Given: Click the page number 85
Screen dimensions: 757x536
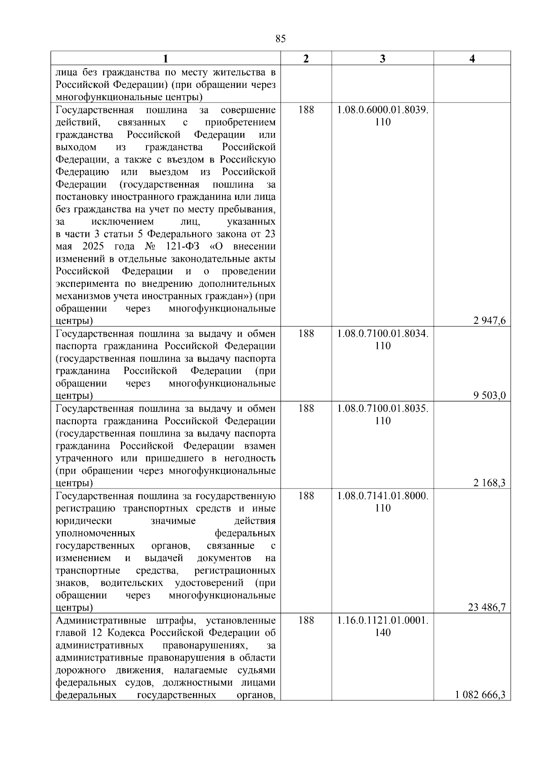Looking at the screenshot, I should coord(281,39).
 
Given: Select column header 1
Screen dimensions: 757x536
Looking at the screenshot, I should coord(166,59).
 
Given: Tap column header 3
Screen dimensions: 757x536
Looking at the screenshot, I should coord(382,59).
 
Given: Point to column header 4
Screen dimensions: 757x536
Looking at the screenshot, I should coord(472,59).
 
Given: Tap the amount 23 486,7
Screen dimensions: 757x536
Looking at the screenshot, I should coord(487,608).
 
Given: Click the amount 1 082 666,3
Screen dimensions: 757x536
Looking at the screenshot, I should coord(480,695).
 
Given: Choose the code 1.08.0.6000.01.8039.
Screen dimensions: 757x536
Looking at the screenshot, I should coord(383,110).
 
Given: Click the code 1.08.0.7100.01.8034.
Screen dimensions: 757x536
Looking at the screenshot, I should coord(383,334).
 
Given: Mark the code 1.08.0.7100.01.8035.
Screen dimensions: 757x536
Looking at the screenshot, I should coord(383,409).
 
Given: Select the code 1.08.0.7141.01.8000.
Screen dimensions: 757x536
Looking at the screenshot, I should coord(383,496).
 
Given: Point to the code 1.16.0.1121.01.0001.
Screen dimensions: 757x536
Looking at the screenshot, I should coord(383,620).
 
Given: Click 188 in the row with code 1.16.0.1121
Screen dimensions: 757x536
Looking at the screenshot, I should coord(306,620).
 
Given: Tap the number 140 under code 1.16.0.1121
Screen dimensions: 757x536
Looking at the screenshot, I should coord(383,633).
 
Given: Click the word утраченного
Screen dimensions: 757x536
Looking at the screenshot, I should coord(84,459).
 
